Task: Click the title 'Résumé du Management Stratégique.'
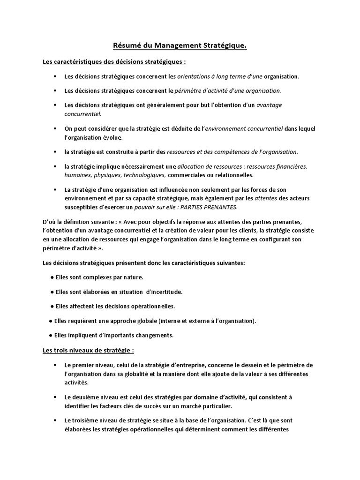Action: tap(180, 45)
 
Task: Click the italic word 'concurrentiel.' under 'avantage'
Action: tap(82, 113)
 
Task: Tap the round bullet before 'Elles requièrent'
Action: tap(50, 321)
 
